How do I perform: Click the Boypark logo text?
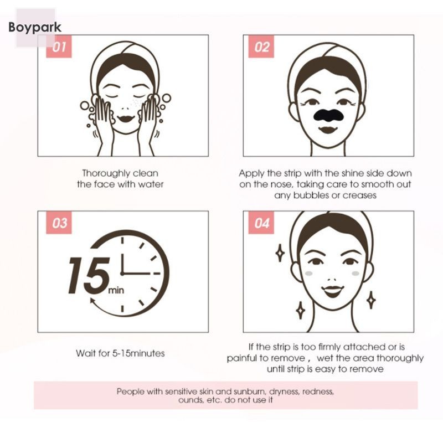tap(35, 28)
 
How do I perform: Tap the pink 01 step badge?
tap(59, 47)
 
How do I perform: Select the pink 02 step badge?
tap(261, 47)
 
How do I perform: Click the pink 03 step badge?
tap(59, 223)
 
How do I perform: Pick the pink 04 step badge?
tap(261, 223)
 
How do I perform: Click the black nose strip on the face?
tap(328, 114)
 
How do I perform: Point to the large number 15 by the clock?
tap(89, 276)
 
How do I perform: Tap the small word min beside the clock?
tap(116, 290)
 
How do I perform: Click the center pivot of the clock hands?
tap(122, 274)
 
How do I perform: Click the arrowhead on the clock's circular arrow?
tap(92, 301)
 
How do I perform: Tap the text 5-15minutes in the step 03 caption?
tap(138, 353)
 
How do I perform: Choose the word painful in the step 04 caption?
tap(243, 358)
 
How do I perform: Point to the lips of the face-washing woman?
tap(126, 119)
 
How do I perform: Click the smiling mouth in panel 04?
tap(333, 291)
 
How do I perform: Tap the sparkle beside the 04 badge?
tap(280, 253)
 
